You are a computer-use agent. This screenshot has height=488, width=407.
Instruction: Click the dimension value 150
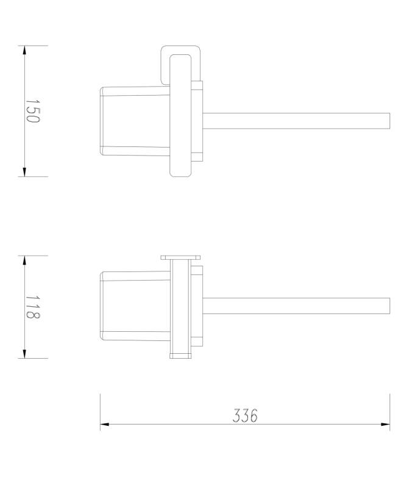(32, 111)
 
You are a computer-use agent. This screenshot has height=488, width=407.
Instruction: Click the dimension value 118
(32, 307)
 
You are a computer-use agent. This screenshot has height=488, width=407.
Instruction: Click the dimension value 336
(245, 415)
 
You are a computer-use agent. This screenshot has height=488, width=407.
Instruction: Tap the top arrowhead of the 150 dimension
(24, 51)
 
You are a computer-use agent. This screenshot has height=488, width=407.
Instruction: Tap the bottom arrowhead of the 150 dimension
(24, 171)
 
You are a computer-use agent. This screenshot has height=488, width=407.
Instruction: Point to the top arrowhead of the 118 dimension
(24, 261)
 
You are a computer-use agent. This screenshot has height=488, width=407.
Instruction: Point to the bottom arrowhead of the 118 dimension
(24, 353)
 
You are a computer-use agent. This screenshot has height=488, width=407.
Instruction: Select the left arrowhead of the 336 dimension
(105, 424)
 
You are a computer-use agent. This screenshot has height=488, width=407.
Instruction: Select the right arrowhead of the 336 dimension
(385, 424)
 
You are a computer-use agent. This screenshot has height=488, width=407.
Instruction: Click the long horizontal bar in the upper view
(296, 121)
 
